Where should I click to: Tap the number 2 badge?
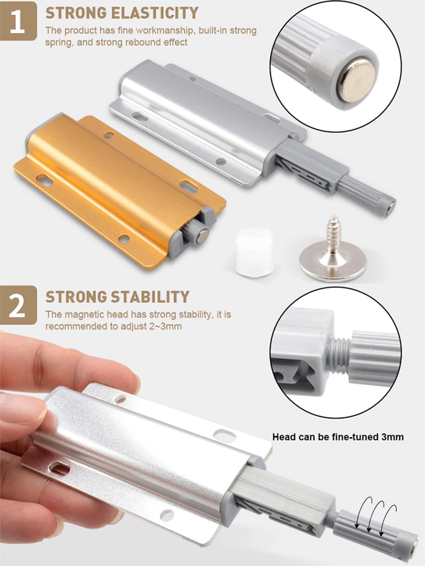[18, 305]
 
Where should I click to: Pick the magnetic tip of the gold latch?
[202, 237]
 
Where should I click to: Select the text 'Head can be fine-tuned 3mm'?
[338, 437]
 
